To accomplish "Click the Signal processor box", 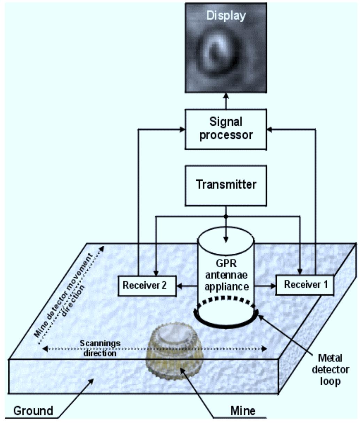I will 226,129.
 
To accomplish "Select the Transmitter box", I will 226,185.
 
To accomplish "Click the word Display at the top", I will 226,15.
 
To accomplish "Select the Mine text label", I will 243,411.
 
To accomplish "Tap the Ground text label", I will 33,411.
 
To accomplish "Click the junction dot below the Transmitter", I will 226,216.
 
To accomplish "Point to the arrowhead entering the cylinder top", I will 226,239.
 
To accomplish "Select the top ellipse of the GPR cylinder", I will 226,234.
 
